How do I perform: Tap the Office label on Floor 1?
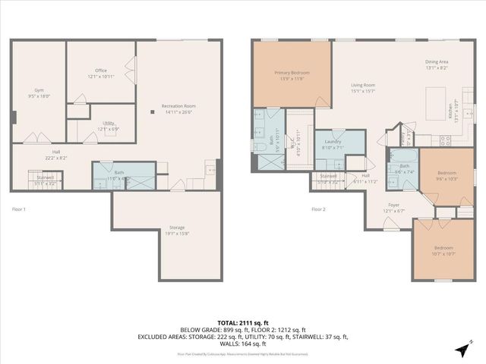101,71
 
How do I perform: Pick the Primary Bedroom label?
292,73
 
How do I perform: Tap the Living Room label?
363,86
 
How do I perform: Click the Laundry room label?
333,141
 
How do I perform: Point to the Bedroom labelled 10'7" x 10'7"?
443,248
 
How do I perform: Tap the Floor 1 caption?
19,209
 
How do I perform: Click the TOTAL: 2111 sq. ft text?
242,323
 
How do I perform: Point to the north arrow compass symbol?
462,349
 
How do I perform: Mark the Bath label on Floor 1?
119,173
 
